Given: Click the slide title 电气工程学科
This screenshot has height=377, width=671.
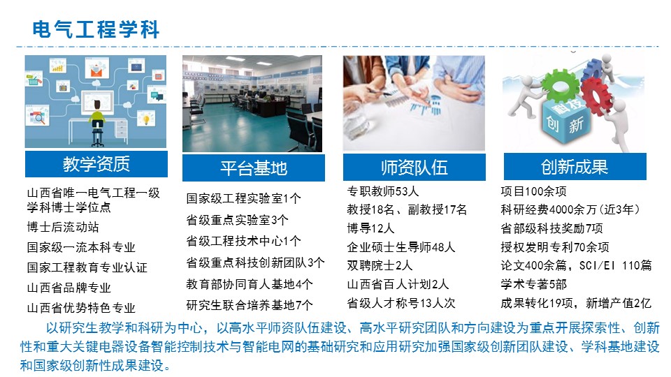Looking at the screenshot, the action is pyautogui.click(x=96, y=29).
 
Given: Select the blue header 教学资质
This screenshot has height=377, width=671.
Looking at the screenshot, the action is pyautogui.click(x=96, y=164).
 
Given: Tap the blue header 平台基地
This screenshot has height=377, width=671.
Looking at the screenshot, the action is pyautogui.click(x=253, y=168).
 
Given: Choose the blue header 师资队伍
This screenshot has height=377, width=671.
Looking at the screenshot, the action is pyautogui.click(x=414, y=167).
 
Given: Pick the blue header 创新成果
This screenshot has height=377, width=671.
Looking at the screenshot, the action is pyautogui.click(x=575, y=167).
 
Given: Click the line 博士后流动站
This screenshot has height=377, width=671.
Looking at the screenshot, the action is pyautogui.click(x=63, y=227).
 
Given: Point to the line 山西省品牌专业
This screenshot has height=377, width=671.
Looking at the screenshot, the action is pyautogui.click(x=69, y=288).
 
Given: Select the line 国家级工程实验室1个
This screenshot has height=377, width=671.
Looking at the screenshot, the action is pyautogui.click(x=243, y=198).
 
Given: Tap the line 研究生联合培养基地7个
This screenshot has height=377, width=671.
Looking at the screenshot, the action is pyautogui.click(x=250, y=305).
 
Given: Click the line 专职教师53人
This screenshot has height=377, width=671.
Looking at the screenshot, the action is pyautogui.click(x=382, y=191).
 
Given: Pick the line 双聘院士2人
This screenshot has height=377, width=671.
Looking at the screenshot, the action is pyautogui.click(x=380, y=265).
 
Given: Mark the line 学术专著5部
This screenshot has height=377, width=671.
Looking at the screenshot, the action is pyautogui.click(x=533, y=284).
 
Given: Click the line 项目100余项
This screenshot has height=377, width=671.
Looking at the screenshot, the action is pyautogui.click(x=533, y=191).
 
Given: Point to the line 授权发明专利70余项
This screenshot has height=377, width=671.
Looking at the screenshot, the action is pyautogui.click(x=555, y=247).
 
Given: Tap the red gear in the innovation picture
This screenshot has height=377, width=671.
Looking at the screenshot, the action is pyautogui.click(x=596, y=96).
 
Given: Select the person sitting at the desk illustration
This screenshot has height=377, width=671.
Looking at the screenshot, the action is pyautogui.click(x=98, y=121).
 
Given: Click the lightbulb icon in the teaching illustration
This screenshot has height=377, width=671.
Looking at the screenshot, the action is pyautogui.click(x=146, y=118).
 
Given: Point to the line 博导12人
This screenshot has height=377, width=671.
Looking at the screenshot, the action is pyautogui.click(x=370, y=228).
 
